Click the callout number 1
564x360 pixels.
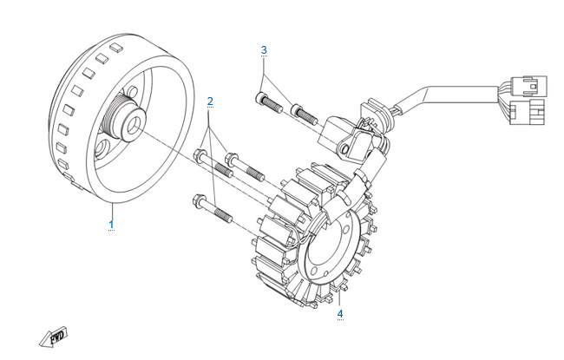click(x=111, y=225)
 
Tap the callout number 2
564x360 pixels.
click(x=210, y=101)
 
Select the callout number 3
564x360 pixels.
click(x=264, y=50)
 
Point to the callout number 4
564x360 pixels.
click(x=340, y=313)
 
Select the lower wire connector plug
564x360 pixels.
click(x=526, y=112)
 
